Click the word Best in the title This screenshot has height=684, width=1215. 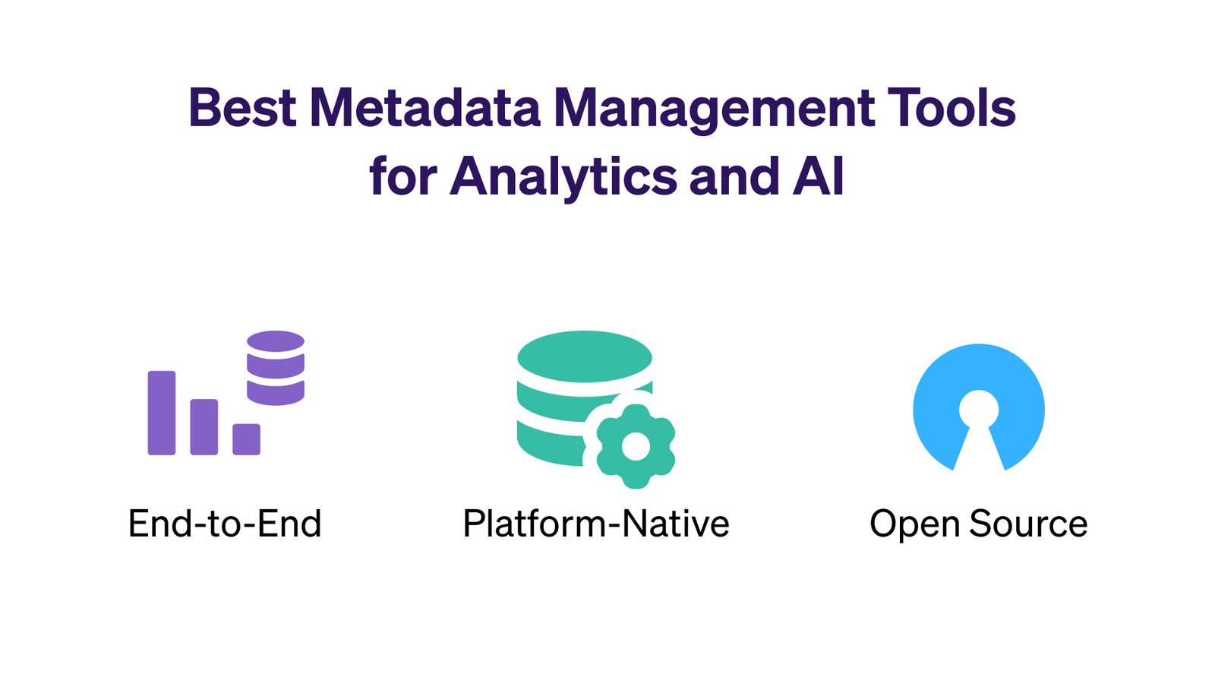[242, 108]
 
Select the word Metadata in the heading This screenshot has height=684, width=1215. [424, 108]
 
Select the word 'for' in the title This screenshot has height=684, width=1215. [403, 176]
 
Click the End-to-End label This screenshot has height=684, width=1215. [225, 524]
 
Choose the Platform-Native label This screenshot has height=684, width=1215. [596, 524]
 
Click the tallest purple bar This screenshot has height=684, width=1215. [162, 413]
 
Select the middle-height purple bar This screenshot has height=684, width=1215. [204, 426]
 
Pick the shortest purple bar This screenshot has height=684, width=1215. [246, 439]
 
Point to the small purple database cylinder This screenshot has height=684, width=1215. [276, 368]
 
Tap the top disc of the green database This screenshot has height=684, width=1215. [584, 356]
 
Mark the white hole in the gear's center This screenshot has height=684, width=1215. [636, 446]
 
